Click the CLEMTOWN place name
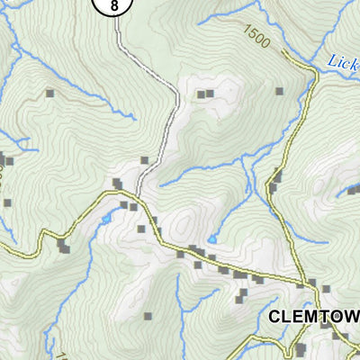click(x=312, y=317)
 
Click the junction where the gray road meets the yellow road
click(x=138, y=193)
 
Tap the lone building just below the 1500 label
click(x=280, y=91)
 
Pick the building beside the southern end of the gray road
click(x=145, y=161)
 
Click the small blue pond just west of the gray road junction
click(x=106, y=219)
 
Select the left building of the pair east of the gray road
click(x=201, y=94)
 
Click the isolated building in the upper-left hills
click(x=50, y=93)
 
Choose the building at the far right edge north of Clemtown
click(x=352, y=191)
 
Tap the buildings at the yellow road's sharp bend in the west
click(x=63, y=246)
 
